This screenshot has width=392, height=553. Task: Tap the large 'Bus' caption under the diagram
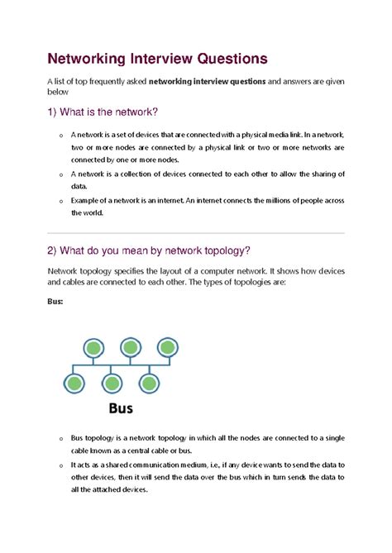coord(122,408)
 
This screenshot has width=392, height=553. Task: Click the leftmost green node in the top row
coord(91,348)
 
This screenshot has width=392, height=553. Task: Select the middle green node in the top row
coord(130,348)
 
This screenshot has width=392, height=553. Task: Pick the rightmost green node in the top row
coord(168,348)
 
